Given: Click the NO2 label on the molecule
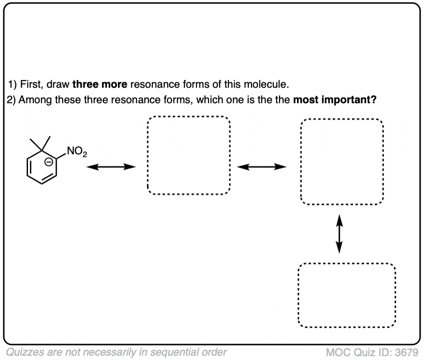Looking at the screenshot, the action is pyautogui.click(x=77, y=152).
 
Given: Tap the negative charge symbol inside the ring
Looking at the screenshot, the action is pyautogui.click(x=48, y=162).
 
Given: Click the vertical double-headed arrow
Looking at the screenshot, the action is pyautogui.click(x=339, y=234).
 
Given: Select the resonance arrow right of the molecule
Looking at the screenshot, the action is pyautogui.click(x=111, y=167).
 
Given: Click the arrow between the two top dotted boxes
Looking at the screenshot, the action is pyautogui.click(x=262, y=167).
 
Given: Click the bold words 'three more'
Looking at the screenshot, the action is pyautogui.click(x=100, y=84).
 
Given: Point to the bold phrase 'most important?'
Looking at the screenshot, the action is pyautogui.click(x=335, y=100).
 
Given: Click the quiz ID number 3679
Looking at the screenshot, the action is pyautogui.click(x=407, y=352).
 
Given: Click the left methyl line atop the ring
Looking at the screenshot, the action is pyautogui.click(x=36, y=144).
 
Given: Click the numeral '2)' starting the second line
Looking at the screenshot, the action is pyautogui.click(x=12, y=100).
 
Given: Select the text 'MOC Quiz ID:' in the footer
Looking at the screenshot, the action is pyautogui.click(x=359, y=352).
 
